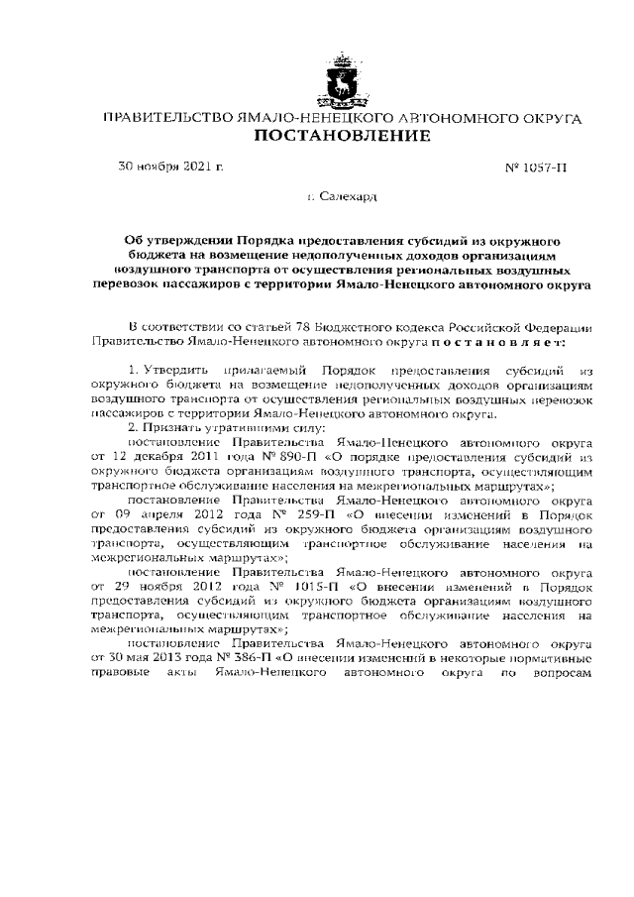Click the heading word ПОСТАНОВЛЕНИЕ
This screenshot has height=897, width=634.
[343, 136]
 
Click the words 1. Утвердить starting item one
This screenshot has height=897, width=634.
[166, 369]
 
